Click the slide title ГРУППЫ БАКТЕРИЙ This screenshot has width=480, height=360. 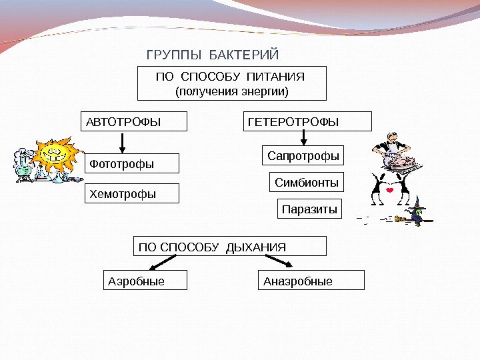point(212,54)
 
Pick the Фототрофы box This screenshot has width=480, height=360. point(133,163)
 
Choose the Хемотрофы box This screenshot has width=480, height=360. point(133,194)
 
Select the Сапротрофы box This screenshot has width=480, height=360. point(303,156)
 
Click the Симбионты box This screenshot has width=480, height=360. point(307,182)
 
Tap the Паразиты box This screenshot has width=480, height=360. point(309,209)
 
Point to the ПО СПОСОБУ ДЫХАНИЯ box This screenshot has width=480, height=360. point(231,247)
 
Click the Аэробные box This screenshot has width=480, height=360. point(145,281)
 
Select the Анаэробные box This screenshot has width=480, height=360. point(311,281)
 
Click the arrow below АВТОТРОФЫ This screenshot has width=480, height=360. point(122,141)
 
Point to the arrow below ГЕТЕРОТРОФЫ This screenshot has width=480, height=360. point(304,137)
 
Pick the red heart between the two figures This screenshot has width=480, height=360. point(389,189)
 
